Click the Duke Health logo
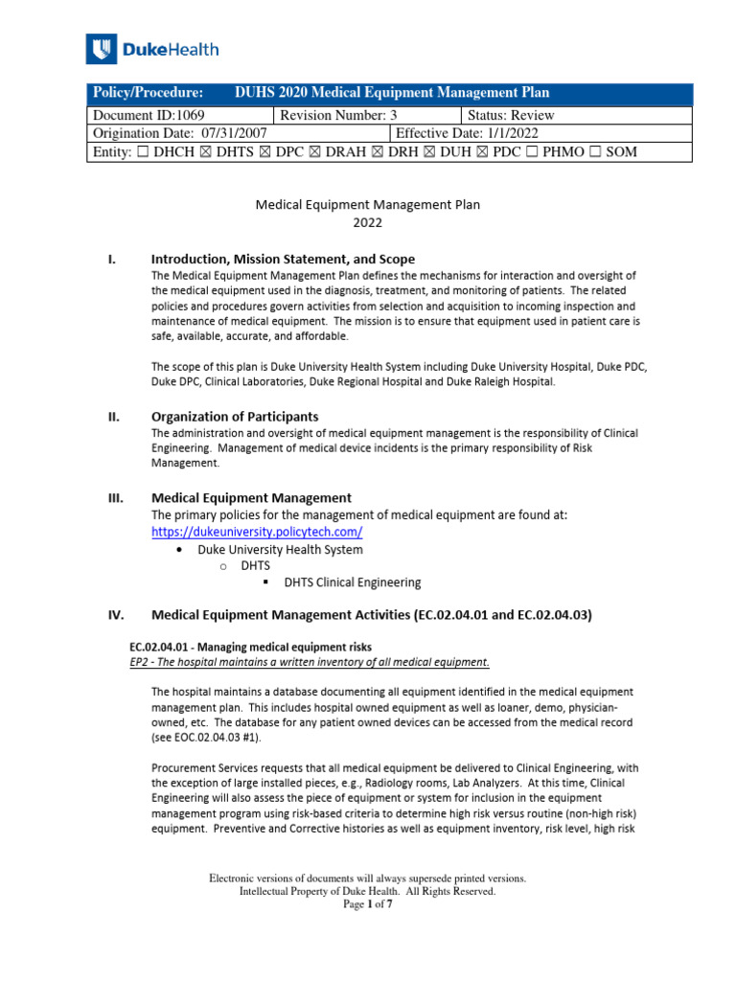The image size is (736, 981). tap(152, 49)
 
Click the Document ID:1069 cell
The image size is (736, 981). tap(178, 115)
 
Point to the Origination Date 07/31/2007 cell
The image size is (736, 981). tap(237, 133)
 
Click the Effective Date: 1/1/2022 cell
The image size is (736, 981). tap(541, 133)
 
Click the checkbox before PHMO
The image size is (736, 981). tap(530, 152)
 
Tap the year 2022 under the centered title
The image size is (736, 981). tap(367, 222)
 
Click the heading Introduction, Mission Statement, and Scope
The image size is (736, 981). tap(283, 259)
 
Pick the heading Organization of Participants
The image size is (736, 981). tap(235, 416)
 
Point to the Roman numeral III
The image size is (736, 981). tap(115, 497)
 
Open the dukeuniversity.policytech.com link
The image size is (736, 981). tap(257, 532)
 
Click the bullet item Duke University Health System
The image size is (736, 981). tap(280, 550)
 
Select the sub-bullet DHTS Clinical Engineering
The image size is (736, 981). tap(352, 582)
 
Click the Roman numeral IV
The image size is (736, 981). tap(115, 615)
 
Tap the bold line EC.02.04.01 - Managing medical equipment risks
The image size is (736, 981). tap(250, 646)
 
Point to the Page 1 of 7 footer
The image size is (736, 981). tap(367, 903)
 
